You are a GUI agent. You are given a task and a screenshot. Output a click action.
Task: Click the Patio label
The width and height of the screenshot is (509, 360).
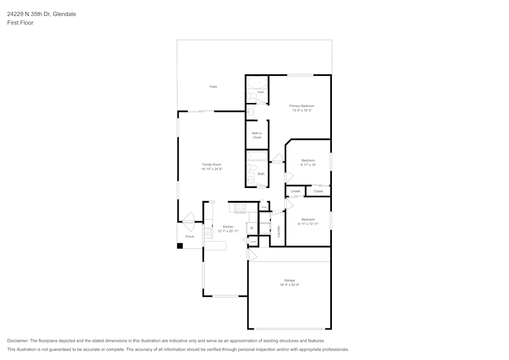213,87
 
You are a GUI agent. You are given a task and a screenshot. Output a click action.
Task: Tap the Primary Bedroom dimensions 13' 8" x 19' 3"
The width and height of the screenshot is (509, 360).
301,110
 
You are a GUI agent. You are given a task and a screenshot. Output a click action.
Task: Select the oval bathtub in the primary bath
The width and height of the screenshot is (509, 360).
257,82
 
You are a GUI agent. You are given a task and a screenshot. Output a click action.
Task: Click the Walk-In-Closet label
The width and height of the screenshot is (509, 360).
257,135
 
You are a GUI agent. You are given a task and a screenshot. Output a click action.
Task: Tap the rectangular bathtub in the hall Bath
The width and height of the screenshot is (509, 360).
257,155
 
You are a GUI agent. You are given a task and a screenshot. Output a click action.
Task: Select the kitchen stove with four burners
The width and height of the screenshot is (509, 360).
240,207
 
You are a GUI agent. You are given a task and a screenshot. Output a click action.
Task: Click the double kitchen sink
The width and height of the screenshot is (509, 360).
208,233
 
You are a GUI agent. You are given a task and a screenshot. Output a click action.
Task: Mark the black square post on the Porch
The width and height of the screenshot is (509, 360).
180,246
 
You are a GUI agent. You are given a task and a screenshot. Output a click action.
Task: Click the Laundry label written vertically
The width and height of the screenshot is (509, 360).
279,232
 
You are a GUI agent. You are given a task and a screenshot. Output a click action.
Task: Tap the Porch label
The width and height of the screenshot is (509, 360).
189,236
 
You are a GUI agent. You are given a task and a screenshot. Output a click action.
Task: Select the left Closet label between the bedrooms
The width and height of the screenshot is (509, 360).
295,191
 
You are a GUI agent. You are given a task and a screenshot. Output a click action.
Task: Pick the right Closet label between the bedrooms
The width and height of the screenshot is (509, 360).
318,191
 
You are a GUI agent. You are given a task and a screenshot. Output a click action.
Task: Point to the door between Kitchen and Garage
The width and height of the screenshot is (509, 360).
251,255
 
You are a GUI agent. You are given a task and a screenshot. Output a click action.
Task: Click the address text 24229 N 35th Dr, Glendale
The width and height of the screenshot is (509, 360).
41,14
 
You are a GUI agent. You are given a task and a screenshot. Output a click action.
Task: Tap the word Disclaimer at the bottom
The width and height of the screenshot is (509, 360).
18,341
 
